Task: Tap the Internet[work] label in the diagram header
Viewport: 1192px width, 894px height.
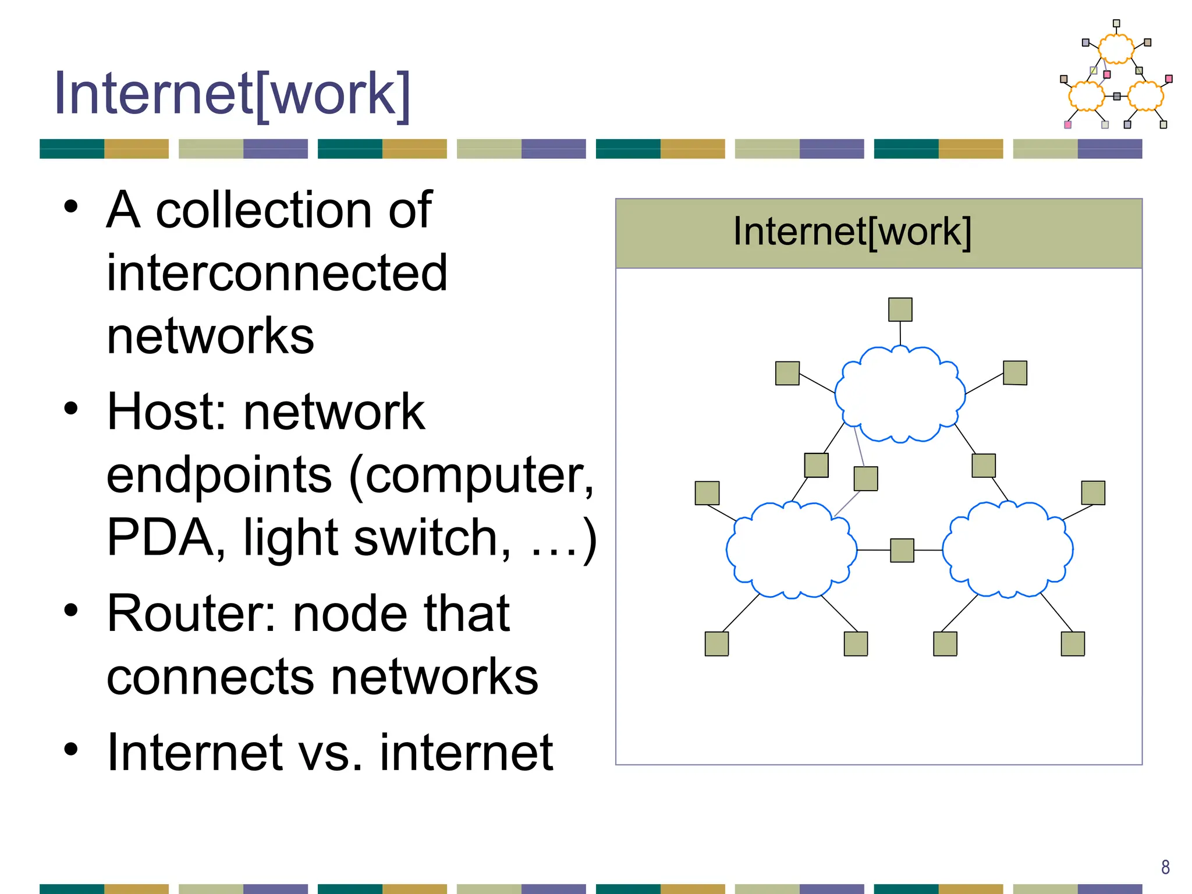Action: point(852,232)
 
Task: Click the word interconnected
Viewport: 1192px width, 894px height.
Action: point(277,274)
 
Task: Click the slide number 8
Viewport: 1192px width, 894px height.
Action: point(1165,867)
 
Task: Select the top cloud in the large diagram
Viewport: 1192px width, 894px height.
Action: point(900,395)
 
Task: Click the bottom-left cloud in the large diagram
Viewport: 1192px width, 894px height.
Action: point(791,550)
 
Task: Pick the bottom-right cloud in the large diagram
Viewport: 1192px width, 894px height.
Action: point(1007,550)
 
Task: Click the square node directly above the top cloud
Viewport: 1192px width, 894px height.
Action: point(900,310)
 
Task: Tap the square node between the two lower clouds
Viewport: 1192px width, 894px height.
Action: point(902,550)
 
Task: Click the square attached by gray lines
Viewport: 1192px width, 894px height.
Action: point(865,478)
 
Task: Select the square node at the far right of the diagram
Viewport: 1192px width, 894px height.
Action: point(1092,493)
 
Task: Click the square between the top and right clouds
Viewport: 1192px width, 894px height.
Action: point(984,466)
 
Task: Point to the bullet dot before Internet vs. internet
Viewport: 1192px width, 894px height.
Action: point(70,750)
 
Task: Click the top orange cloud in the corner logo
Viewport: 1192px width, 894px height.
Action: point(1116,49)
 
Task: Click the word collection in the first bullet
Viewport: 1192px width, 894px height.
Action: point(264,211)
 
